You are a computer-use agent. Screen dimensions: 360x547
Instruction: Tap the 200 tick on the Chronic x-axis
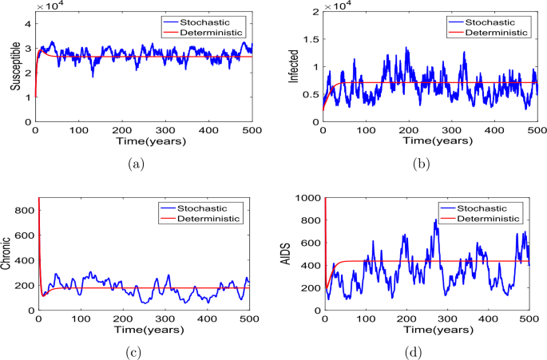click(x=122, y=318)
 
